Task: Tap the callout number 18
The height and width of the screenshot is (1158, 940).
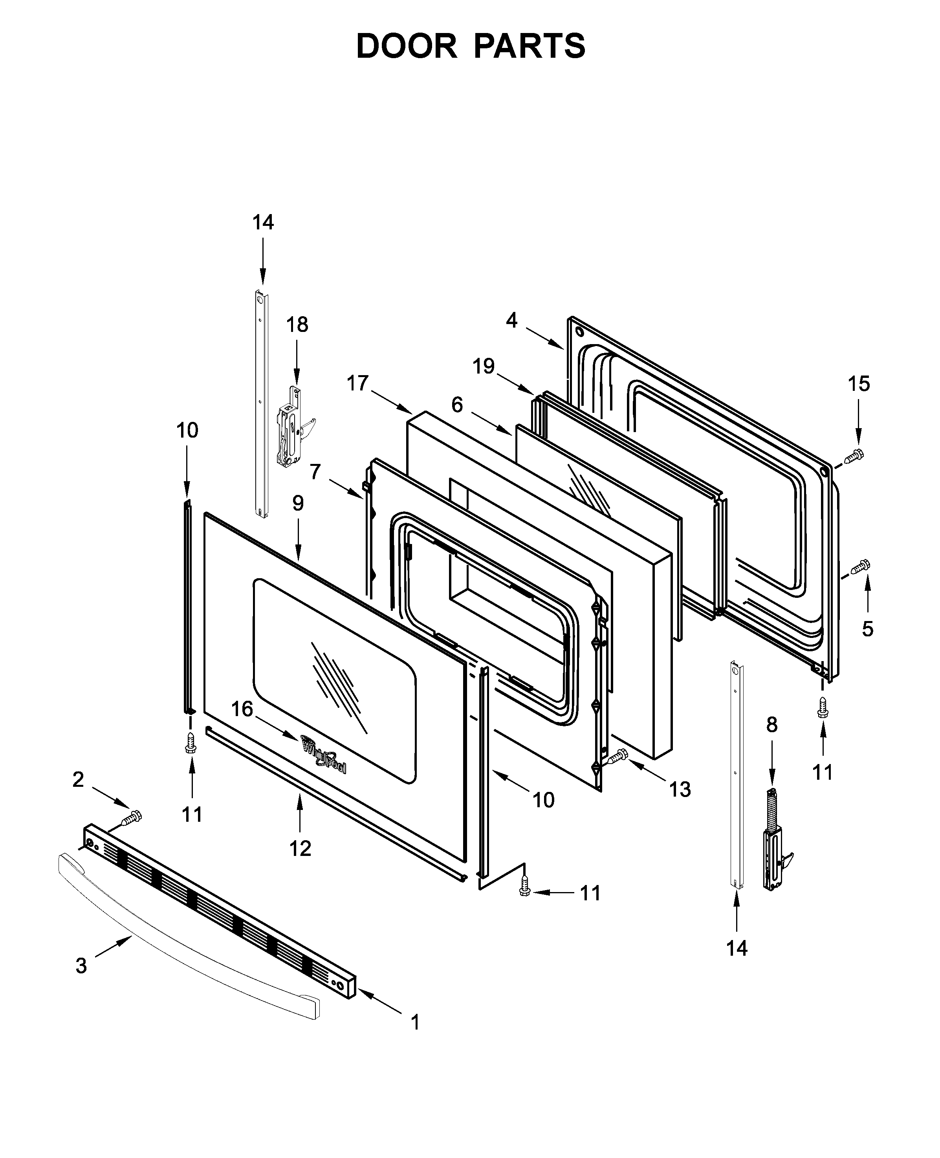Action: (x=297, y=325)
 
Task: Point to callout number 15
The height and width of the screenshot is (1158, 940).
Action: (x=859, y=383)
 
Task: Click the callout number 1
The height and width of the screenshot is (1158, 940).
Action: (x=415, y=1022)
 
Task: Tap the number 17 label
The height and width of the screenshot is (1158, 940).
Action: (x=357, y=383)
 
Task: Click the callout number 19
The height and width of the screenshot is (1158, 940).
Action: (x=484, y=366)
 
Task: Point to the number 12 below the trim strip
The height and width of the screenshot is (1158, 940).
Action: (x=300, y=848)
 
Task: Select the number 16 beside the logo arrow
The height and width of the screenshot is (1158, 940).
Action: (x=242, y=709)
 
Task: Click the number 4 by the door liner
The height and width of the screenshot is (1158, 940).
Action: (x=512, y=321)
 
